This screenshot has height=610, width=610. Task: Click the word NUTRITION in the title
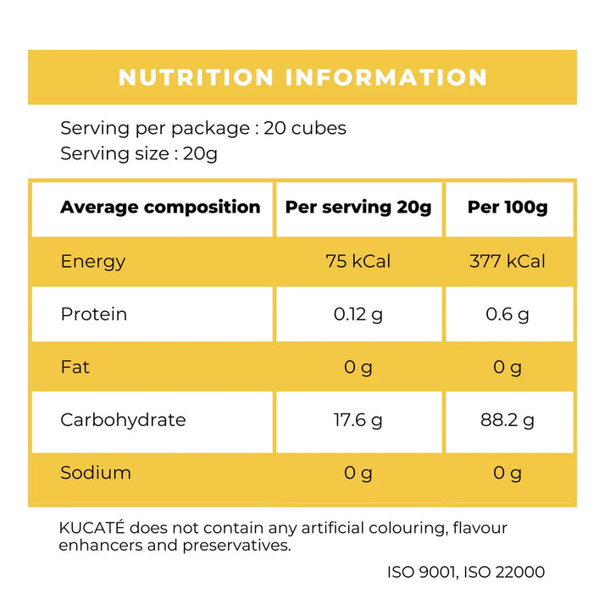click(x=197, y=77)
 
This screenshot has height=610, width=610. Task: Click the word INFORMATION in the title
click(x=386, y=77)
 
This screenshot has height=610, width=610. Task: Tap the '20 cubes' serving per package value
click(x=305, y=129)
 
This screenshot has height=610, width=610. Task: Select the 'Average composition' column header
click(x=160, y=208)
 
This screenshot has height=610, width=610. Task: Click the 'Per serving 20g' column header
click(x=358, y=208)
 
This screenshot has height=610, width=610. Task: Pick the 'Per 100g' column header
click(x=507, y=208)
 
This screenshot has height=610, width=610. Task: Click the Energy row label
click(x=93, y=261)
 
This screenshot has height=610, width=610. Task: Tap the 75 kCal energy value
click(x=358, y=261)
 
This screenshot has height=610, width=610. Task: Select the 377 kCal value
click(x=507, y=261)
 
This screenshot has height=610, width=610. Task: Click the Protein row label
click(x=93, y=314)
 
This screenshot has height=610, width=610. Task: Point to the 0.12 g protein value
click(x=358, y=314)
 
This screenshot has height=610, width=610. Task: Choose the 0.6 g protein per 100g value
click(x=507, y=314)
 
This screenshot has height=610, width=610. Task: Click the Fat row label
click(x=75, y=367)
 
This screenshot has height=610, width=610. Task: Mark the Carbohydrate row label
click(x=123, y=420)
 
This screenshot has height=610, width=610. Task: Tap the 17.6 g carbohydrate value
click(x=358, y=420)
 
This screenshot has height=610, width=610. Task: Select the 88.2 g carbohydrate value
click(x=507, y=420)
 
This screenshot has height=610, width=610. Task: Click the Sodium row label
click(x=96, y=473)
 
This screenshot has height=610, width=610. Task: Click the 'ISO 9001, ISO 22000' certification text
click(x=466, y=572)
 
